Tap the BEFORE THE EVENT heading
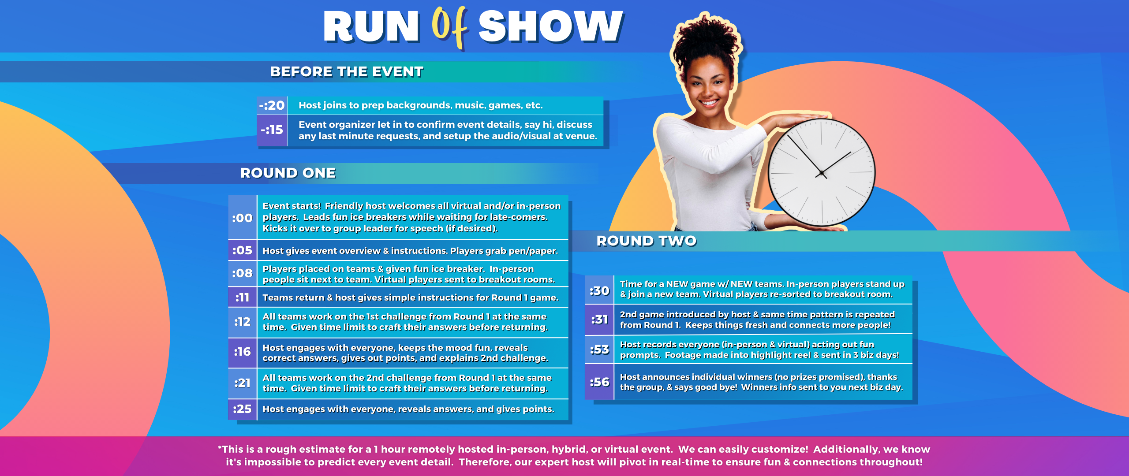(347, 71)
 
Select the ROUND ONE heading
(288, 173)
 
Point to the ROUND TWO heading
(647, 241)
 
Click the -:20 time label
(272, 105)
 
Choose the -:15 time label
(272, 130)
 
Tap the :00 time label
(242, 218)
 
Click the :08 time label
(242, 273)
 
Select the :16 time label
(242, 352)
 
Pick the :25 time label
(242, 409)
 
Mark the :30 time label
(599, 291)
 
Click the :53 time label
(599, 350)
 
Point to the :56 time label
(599, 382)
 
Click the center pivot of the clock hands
(821, 173)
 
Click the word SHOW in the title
(551, 26)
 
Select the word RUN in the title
(371, 26)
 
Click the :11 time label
(242, 297)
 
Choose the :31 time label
(599, 320)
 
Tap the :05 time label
(242, 250)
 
